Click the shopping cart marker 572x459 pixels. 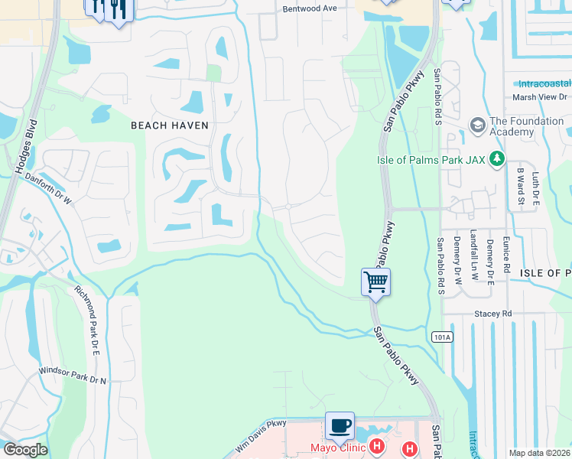[x=375, y=282]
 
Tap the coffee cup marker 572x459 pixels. [x=340, y=425]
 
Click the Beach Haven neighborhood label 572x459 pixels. [x=170, y=125]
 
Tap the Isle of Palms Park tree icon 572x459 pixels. [x=498, y=159]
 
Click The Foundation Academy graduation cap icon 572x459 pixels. [x=478, y=125]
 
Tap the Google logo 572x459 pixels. [x=25, y=450]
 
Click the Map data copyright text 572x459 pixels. [x=539, y=453]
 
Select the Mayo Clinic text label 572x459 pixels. [x=336, y=448]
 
